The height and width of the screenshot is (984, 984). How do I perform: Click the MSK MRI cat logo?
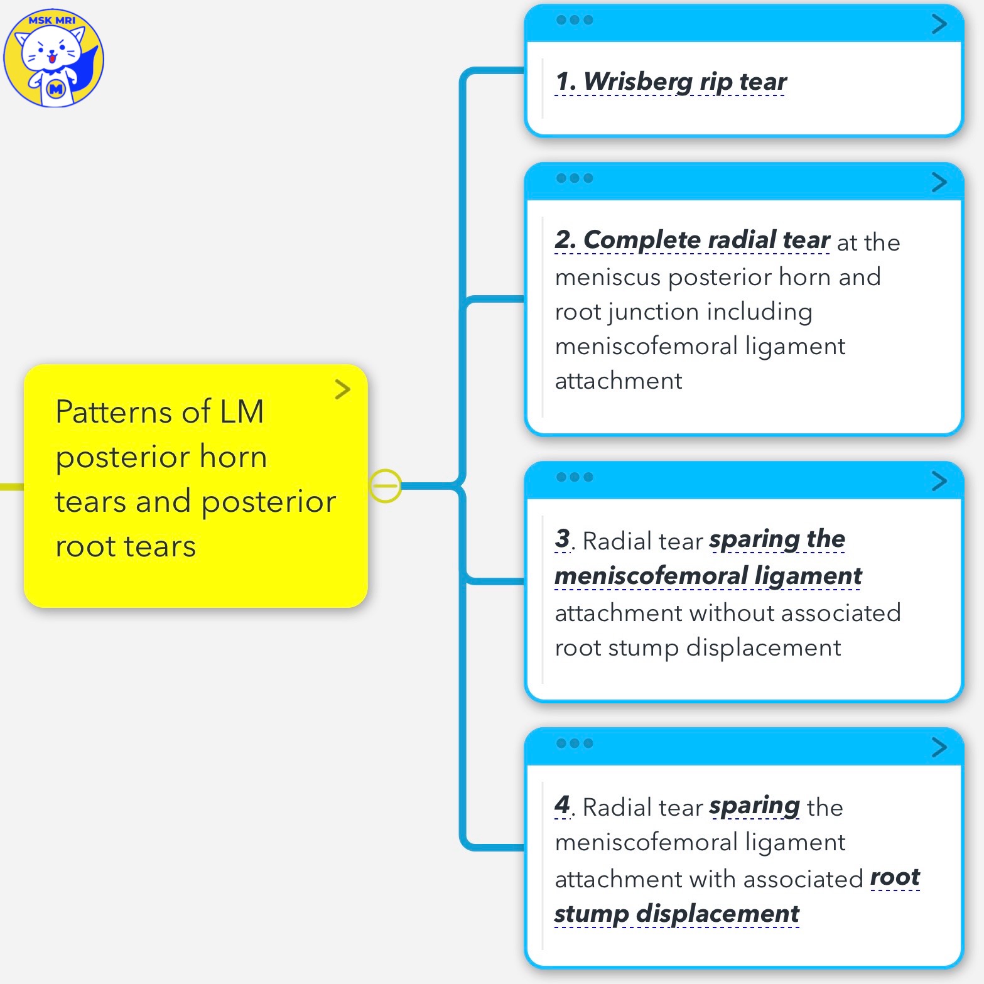pyautogui.click(x=53, y=58)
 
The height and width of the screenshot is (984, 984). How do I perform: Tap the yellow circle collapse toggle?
pyautogui.click(x=385, y=485)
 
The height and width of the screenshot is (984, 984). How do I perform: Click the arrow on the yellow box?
pyautogui.click(x=342, y=389)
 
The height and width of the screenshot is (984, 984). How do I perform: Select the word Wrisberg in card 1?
pyautogui.click(x=637, y=82)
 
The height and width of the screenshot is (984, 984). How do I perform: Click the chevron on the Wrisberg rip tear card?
pyautogui.click(x=939, y=24)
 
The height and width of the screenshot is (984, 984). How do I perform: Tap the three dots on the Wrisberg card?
pyautogui.click(x=574, y=20)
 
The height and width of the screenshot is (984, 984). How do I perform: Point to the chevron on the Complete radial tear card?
pyautogui.click(x=939, y=182)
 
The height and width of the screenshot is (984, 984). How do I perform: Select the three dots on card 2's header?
pyautogui.click(x=574, y=178)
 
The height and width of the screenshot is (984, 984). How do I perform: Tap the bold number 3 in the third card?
pyautogui.click(x=562, y=539)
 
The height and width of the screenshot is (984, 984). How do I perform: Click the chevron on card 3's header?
pyautogui.click(x=939, y=481)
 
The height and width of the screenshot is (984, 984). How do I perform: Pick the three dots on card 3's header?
pyautogui.click(x=574, y=477)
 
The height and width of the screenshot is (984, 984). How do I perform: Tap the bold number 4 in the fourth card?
pyautogui.click(x=562, y=805)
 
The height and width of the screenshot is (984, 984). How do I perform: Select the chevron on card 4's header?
pyautogui.click(x=939, y=747)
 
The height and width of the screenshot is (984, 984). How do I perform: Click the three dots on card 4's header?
pyautogui.click(x=574, y=743)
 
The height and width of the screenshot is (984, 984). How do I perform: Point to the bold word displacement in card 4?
pyautogui.click(x=718, y=914)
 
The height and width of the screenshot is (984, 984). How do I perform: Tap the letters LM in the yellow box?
pyautogui.click(x=241, y=412)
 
